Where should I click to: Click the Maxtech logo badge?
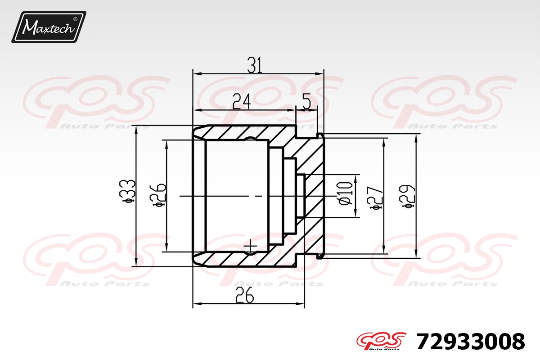tap(49, 27)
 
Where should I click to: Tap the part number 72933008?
tap(470, 342)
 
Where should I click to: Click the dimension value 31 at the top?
tap(255, 65)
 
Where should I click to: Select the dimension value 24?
tap(242, 101)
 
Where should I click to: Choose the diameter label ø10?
tap(345, 193)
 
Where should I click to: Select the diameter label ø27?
tap(376, 198)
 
